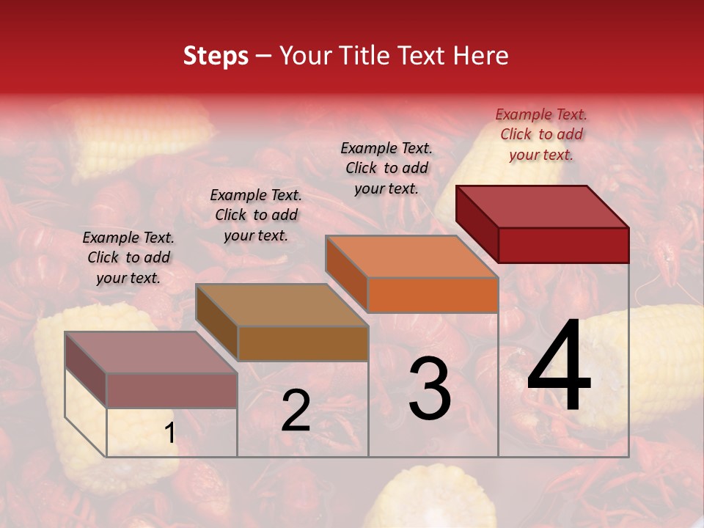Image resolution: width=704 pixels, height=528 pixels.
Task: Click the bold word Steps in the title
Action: coord(216,56)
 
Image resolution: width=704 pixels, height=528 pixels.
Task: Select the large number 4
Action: coord(560,368)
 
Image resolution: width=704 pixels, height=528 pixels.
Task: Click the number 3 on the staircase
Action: coord(429,388)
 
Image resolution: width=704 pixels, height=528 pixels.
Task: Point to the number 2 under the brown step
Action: coord(296,411)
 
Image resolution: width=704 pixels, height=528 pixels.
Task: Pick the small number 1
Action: coord(169,433)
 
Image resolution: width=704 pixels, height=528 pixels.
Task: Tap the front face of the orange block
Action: coord(433,295)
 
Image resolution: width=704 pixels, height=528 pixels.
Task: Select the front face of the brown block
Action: coord(303,343)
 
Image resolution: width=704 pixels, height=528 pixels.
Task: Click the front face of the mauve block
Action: coord(172,391)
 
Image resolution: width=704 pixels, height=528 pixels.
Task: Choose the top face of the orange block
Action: coord(411,257)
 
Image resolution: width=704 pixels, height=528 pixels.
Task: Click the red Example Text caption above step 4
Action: coord(541,134)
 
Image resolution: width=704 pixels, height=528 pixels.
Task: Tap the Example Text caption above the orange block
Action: coord(386,168)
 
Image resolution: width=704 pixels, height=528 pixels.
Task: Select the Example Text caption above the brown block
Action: coord(256,215)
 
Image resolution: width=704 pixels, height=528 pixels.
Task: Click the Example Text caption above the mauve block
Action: coord(128,257)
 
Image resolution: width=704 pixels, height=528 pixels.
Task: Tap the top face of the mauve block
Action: coord(151,353)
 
